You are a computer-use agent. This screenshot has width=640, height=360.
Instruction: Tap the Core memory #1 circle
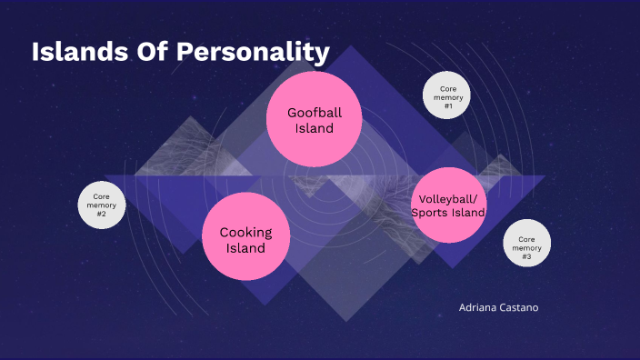tap(447, 95)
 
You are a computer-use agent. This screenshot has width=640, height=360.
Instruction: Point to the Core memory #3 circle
tap(527, 244)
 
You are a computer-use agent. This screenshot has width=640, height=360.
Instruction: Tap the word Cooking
tap(245, 232)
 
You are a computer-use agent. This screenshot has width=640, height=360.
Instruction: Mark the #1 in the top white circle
tap(447, 105)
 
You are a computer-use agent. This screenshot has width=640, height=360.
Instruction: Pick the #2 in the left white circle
tap(102, 215)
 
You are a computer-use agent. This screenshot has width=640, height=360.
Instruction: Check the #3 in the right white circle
tap(527, 256)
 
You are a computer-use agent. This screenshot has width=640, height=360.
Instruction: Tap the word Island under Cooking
tap(245, 248)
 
